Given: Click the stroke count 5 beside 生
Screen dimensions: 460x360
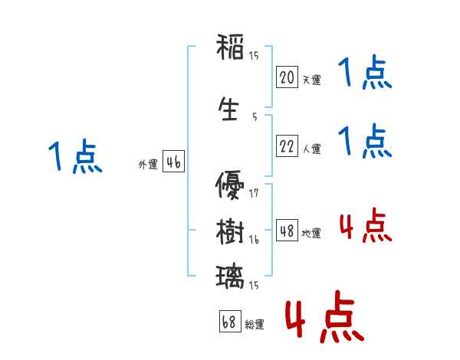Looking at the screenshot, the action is pos(254,117).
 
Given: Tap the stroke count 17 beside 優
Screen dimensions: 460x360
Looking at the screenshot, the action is pos(254,192).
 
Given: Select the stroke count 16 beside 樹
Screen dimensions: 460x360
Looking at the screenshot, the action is pos(254,240).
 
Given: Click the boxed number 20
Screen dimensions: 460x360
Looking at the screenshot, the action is pos(287,77).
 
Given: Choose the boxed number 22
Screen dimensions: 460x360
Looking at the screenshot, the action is pos(287,146).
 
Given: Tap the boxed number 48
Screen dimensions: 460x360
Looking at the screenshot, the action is pos(287,231).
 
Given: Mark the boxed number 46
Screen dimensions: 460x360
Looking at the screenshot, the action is pos(173,162).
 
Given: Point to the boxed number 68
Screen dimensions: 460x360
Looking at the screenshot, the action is pos(229,322).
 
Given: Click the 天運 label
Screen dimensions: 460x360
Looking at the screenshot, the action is pos(311,80).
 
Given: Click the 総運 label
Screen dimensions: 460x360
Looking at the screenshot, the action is pos(255,325).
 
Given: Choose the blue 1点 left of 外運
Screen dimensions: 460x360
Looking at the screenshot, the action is pos(74,157).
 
